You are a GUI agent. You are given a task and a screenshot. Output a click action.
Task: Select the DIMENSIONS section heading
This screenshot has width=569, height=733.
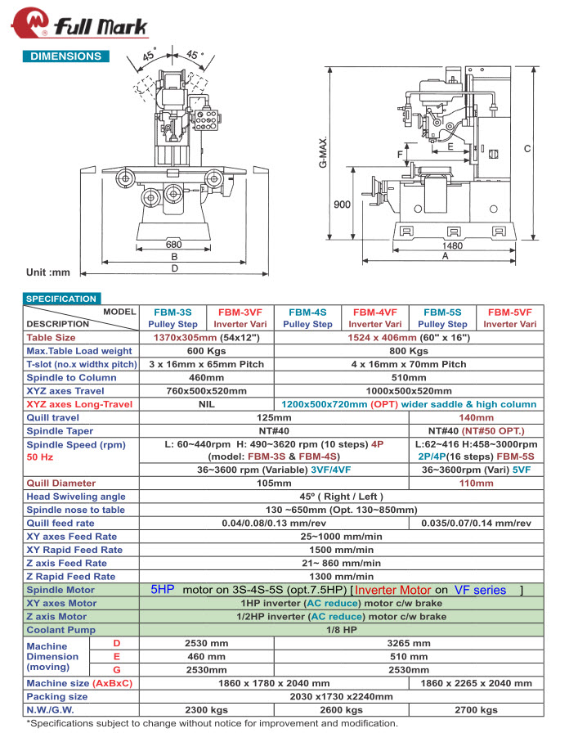pos(66,56)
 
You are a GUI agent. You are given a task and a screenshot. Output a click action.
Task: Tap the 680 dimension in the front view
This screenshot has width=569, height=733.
pos(173,244)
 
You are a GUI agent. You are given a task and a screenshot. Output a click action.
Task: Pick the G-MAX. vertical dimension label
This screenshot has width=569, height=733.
pos(325,153)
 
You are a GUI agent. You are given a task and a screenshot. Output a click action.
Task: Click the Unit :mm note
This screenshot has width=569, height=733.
pos(49,272)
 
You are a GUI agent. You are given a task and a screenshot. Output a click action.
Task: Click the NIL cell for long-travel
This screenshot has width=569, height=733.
pos(206,404)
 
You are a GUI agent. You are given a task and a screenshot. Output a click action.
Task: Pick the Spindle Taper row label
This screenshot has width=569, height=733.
pos(60,431)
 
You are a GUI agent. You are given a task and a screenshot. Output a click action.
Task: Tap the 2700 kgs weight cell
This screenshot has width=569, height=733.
pos(477,710)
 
